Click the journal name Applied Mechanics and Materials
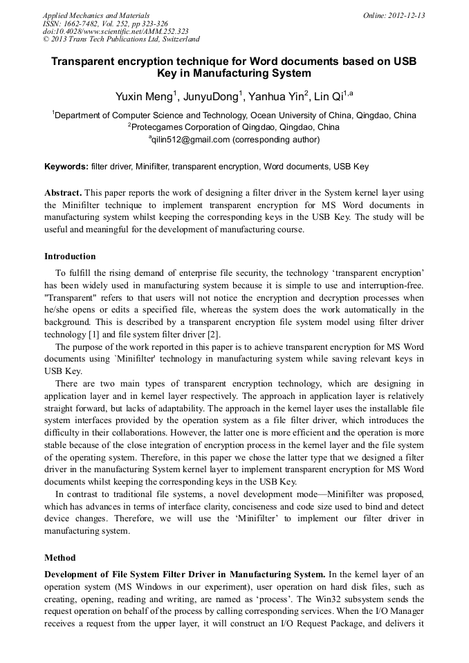pyautogui.click(x=95, y=15)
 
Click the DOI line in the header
pyautogui.click(x=115, y=32)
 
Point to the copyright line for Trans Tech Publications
pyautogui.click(x=121, y=40)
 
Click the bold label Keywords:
pyautogui.click(x=66, y=167)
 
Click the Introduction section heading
pyautogui.click(x=70, y=256)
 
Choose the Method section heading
pyautogui.click(x=60, y=557)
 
